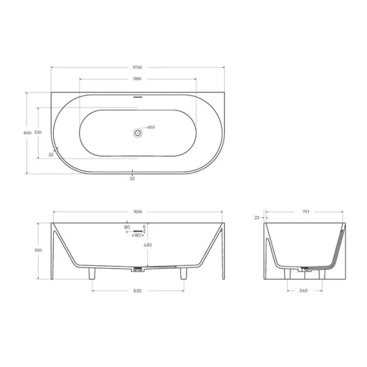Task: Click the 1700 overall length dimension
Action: pos(138,67)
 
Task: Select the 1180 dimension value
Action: pos(137,79)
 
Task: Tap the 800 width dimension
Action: pos(28,133)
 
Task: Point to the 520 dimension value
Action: pos(38,133)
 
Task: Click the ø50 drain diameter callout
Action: pos(151,127)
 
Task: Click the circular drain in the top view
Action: pos(138,133)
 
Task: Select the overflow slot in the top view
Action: pos(138,97)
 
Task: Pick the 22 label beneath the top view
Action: pos(132,179)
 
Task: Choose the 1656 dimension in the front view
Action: pos(138,212)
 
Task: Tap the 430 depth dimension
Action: pos(147,245)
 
